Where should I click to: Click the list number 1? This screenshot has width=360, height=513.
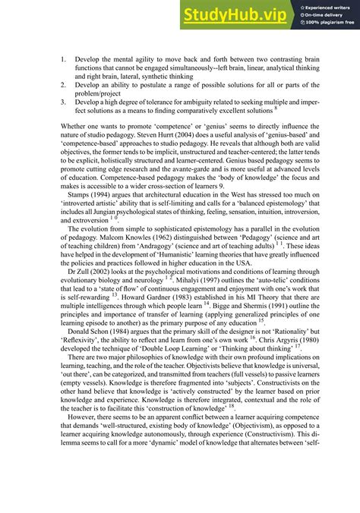point(63,58)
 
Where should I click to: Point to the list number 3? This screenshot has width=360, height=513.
point(63,102)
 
